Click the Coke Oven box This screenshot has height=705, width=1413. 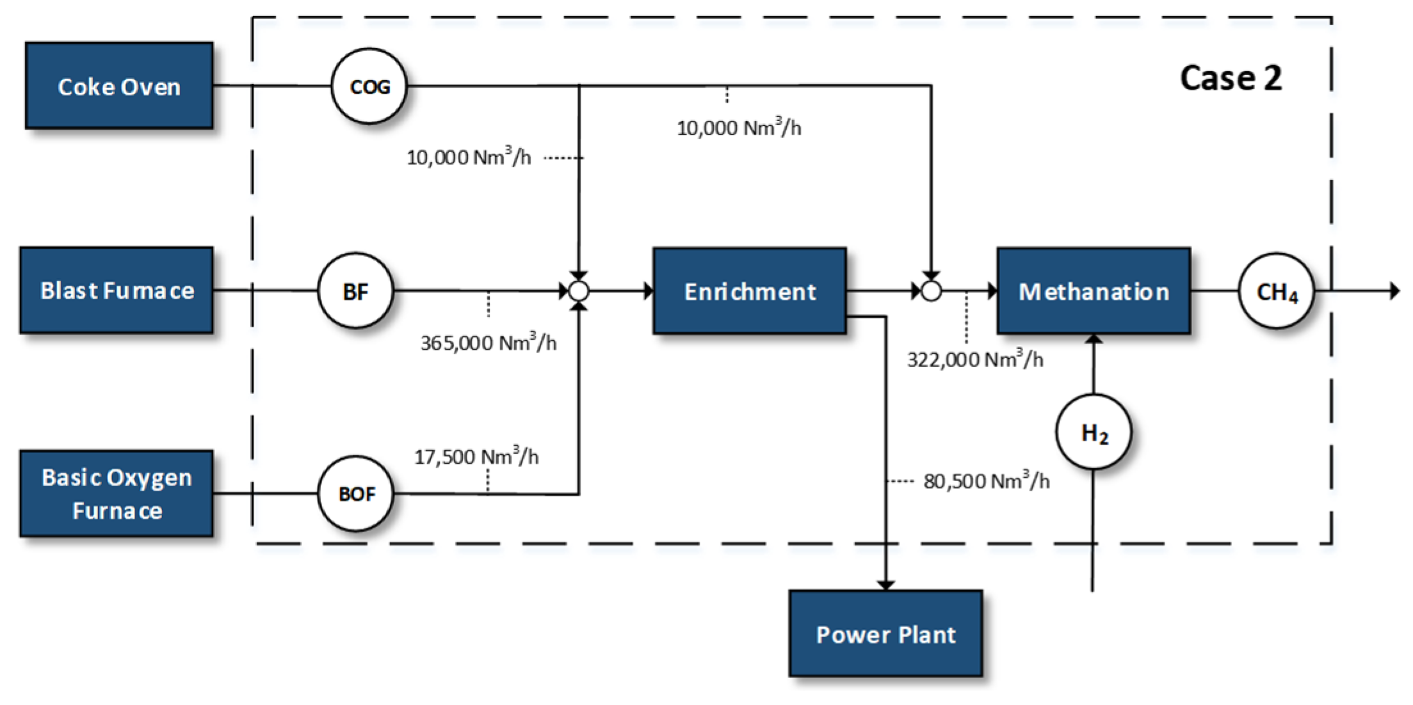coord(119,86)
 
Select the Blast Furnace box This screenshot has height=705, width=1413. coord(117,290)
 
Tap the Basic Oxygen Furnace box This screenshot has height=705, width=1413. coord(117,493)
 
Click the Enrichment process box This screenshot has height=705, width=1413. coord(750,291)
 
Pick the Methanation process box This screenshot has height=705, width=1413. coord(1094,291)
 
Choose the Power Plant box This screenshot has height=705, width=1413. coord(885,633)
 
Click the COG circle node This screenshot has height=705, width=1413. coord(369,86)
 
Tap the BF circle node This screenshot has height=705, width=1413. coord(355,291)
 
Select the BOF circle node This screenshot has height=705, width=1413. coord(355,493)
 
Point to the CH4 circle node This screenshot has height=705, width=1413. coord(1276,291)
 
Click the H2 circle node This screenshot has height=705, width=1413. coord(1094,432)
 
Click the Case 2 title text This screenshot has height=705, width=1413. coord(1231,79)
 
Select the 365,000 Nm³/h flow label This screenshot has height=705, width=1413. coord(488,343)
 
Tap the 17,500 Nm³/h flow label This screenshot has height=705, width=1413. coord(476,457)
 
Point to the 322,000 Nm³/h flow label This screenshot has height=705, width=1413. coord(974,360)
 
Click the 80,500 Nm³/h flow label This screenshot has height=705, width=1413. coord(986,481)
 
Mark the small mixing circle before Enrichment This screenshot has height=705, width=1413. coord(579,291)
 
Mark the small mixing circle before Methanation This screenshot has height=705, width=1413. coord(931,291)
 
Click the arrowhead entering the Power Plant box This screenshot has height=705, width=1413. coord(885,585)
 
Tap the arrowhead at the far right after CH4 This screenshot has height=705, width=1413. coord(1394,291)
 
